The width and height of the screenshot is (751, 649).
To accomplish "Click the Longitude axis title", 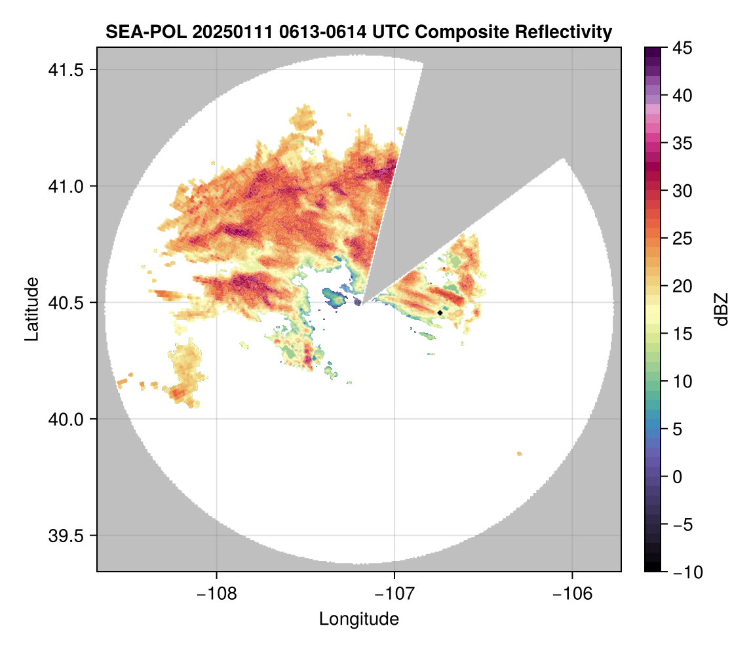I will tap(358, 618).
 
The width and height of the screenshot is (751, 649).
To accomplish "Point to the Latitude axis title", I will tap(31, 309).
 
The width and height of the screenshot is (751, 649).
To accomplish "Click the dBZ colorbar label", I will tap(722, 309).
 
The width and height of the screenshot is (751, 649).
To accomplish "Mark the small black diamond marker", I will tap(440, 313).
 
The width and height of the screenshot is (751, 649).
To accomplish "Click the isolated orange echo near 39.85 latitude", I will tap(520, 454).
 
